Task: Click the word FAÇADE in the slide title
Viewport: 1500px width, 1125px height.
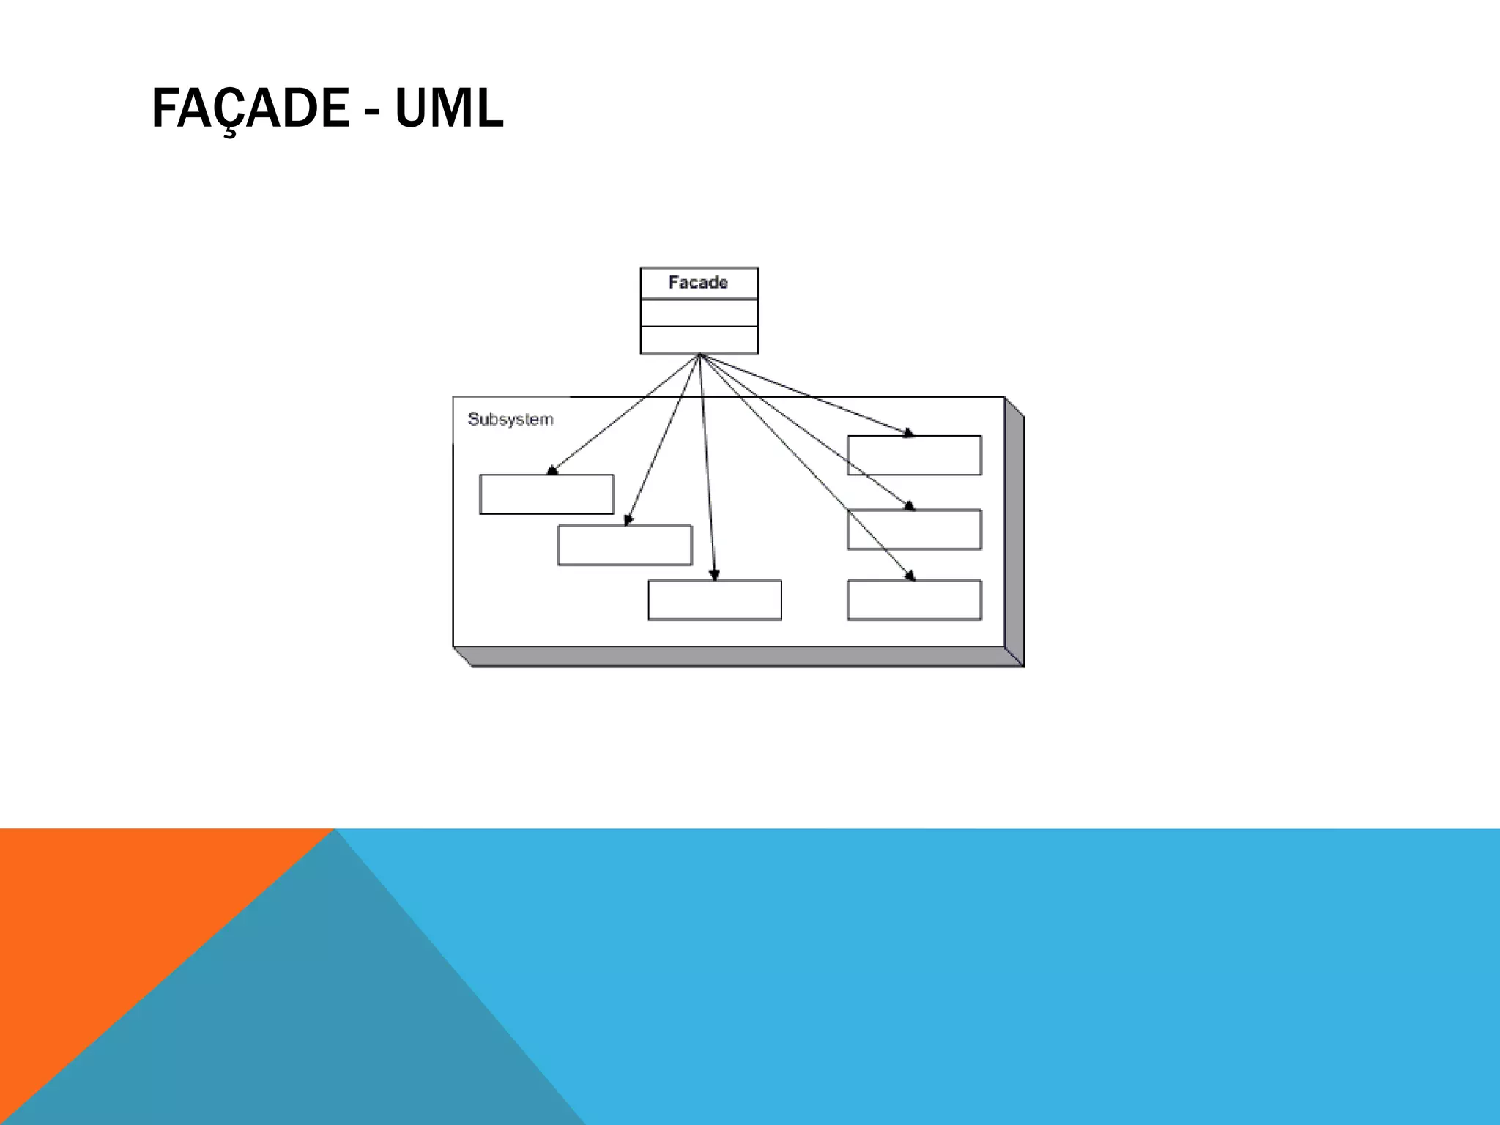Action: (249, 108)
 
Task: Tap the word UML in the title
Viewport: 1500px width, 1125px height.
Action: (448, 108)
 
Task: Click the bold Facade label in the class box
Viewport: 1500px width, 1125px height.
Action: (698, 283)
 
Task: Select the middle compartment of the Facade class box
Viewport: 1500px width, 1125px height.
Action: (699, 313)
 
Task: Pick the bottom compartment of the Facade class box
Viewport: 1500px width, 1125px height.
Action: (699, 340)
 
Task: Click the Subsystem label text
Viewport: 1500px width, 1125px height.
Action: (510, 420)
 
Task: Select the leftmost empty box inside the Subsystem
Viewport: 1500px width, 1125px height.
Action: (546, 494)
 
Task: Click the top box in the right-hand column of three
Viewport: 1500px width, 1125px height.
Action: (914, 456)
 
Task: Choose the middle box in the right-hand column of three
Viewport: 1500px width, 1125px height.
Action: (914, 530)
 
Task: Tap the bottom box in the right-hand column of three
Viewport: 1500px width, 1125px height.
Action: (914, 601)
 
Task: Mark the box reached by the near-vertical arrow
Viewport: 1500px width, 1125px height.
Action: (714, 601)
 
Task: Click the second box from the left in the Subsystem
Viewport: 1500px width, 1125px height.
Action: (625, 546)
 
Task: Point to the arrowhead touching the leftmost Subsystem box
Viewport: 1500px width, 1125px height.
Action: (552, 470)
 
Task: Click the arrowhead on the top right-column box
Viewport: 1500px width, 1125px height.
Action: (909, 434)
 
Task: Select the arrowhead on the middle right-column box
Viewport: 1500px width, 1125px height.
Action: (910, 506)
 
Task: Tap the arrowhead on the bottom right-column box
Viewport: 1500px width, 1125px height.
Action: (910, 576)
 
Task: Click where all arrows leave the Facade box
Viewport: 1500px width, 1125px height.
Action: (699, 355)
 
